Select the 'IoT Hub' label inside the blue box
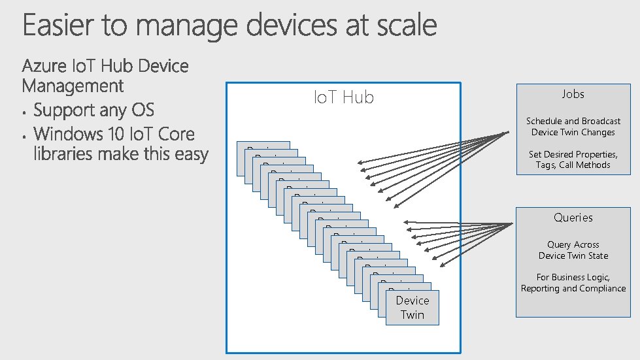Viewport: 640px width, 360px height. [x=344, y=97]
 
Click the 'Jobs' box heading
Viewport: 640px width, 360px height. [x=573, y=94]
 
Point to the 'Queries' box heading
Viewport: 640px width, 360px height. [x=573, y=218]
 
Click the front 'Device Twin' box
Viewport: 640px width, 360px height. [x=413, y=308]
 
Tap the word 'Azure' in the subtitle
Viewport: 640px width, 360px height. [x=44, y=66]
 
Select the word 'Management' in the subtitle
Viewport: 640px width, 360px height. [x=73, y=86]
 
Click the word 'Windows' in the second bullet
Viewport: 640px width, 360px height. [x=71, y=134]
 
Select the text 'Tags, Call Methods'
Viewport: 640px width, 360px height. [x=573, y=165]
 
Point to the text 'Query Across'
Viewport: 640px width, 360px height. [x=573, y=244]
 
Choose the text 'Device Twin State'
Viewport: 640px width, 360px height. [x=573, y=255]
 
